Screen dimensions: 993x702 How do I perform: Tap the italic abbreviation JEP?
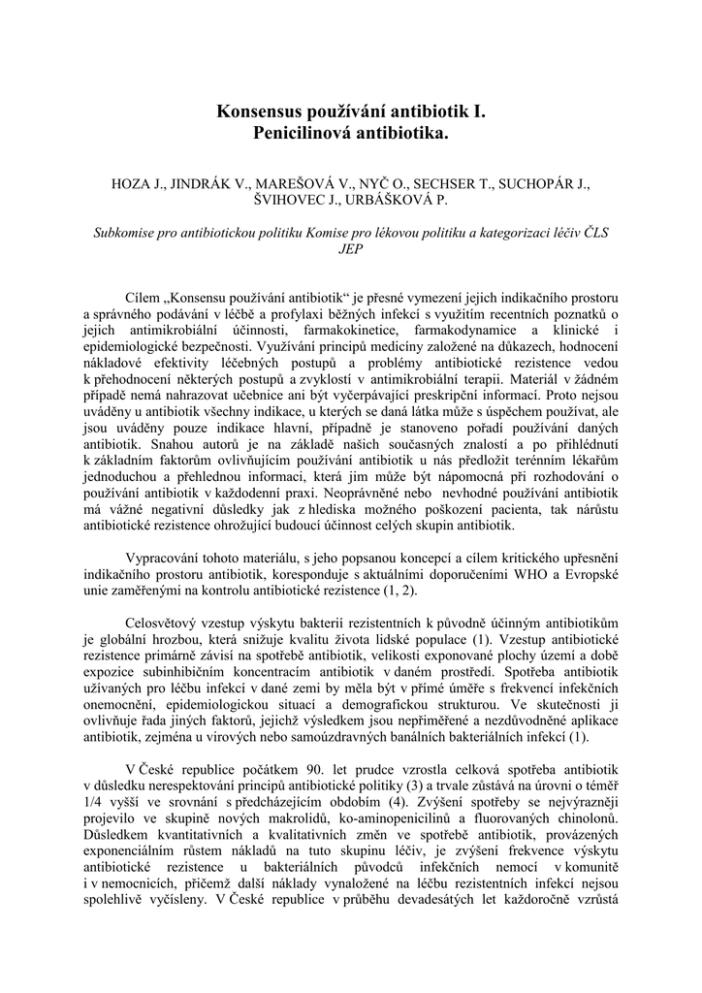coord(351,249)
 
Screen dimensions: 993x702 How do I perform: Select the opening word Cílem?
coord(144,296)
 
